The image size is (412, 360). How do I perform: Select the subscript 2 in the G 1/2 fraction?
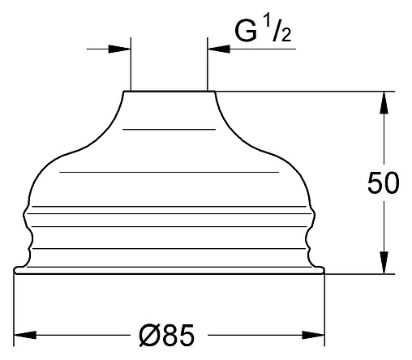[x=286, y=35]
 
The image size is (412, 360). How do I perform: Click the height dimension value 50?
[x=383, y=182]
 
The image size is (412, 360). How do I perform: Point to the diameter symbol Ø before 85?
[x=149, y=335]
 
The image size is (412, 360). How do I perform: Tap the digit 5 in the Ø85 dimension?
[x=187, y=335]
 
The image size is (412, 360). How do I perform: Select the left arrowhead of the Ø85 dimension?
[x=25, y=335]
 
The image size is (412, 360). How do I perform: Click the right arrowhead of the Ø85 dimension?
[x=313, y=335]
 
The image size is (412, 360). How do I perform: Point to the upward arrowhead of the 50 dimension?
[x=384, y=102]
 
